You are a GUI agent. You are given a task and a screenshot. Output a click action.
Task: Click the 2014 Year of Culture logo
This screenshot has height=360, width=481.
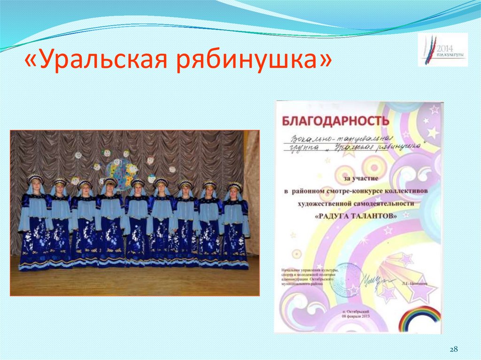click(x=442, y=49)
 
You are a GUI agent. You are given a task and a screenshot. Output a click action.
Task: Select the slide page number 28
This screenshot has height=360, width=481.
click(x=453, y=349)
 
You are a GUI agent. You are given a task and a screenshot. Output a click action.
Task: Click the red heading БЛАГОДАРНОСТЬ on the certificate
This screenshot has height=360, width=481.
click(x=336, y=121)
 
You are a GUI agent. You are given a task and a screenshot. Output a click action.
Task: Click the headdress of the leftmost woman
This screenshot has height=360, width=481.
click(x=35, y=178)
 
